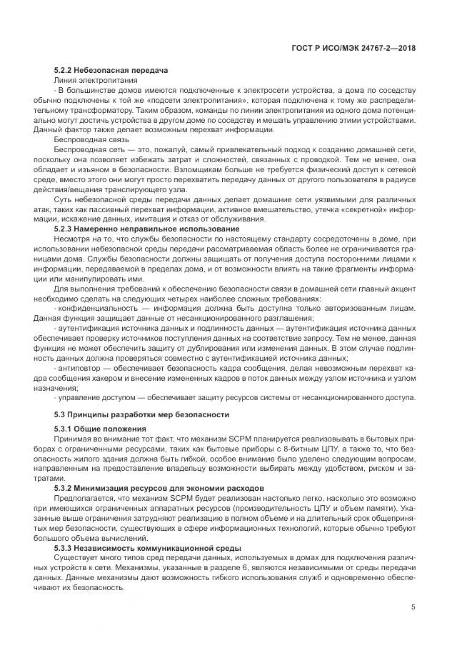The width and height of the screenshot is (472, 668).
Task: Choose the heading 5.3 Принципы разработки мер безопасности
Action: coord(142,414)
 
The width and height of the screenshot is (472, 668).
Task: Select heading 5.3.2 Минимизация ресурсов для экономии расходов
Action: coord(158,488)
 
